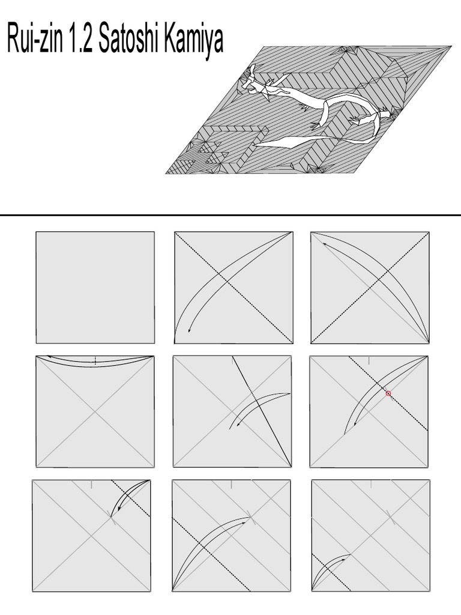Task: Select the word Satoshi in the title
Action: pyautogui.click(x=131, y=41)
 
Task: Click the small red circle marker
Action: pyautogui.click(x=388, y=394)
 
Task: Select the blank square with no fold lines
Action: pyautogui.click(x=95, y=288)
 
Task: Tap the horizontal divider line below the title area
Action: pyautogui.click(x=230, y=215)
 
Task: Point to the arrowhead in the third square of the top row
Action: pyautogui.click(x=324, y=243)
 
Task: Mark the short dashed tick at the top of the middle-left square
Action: pyautogui.click(x=95, y=360)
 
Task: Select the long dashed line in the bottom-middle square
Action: pyautogui.click(x=210, y=553)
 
